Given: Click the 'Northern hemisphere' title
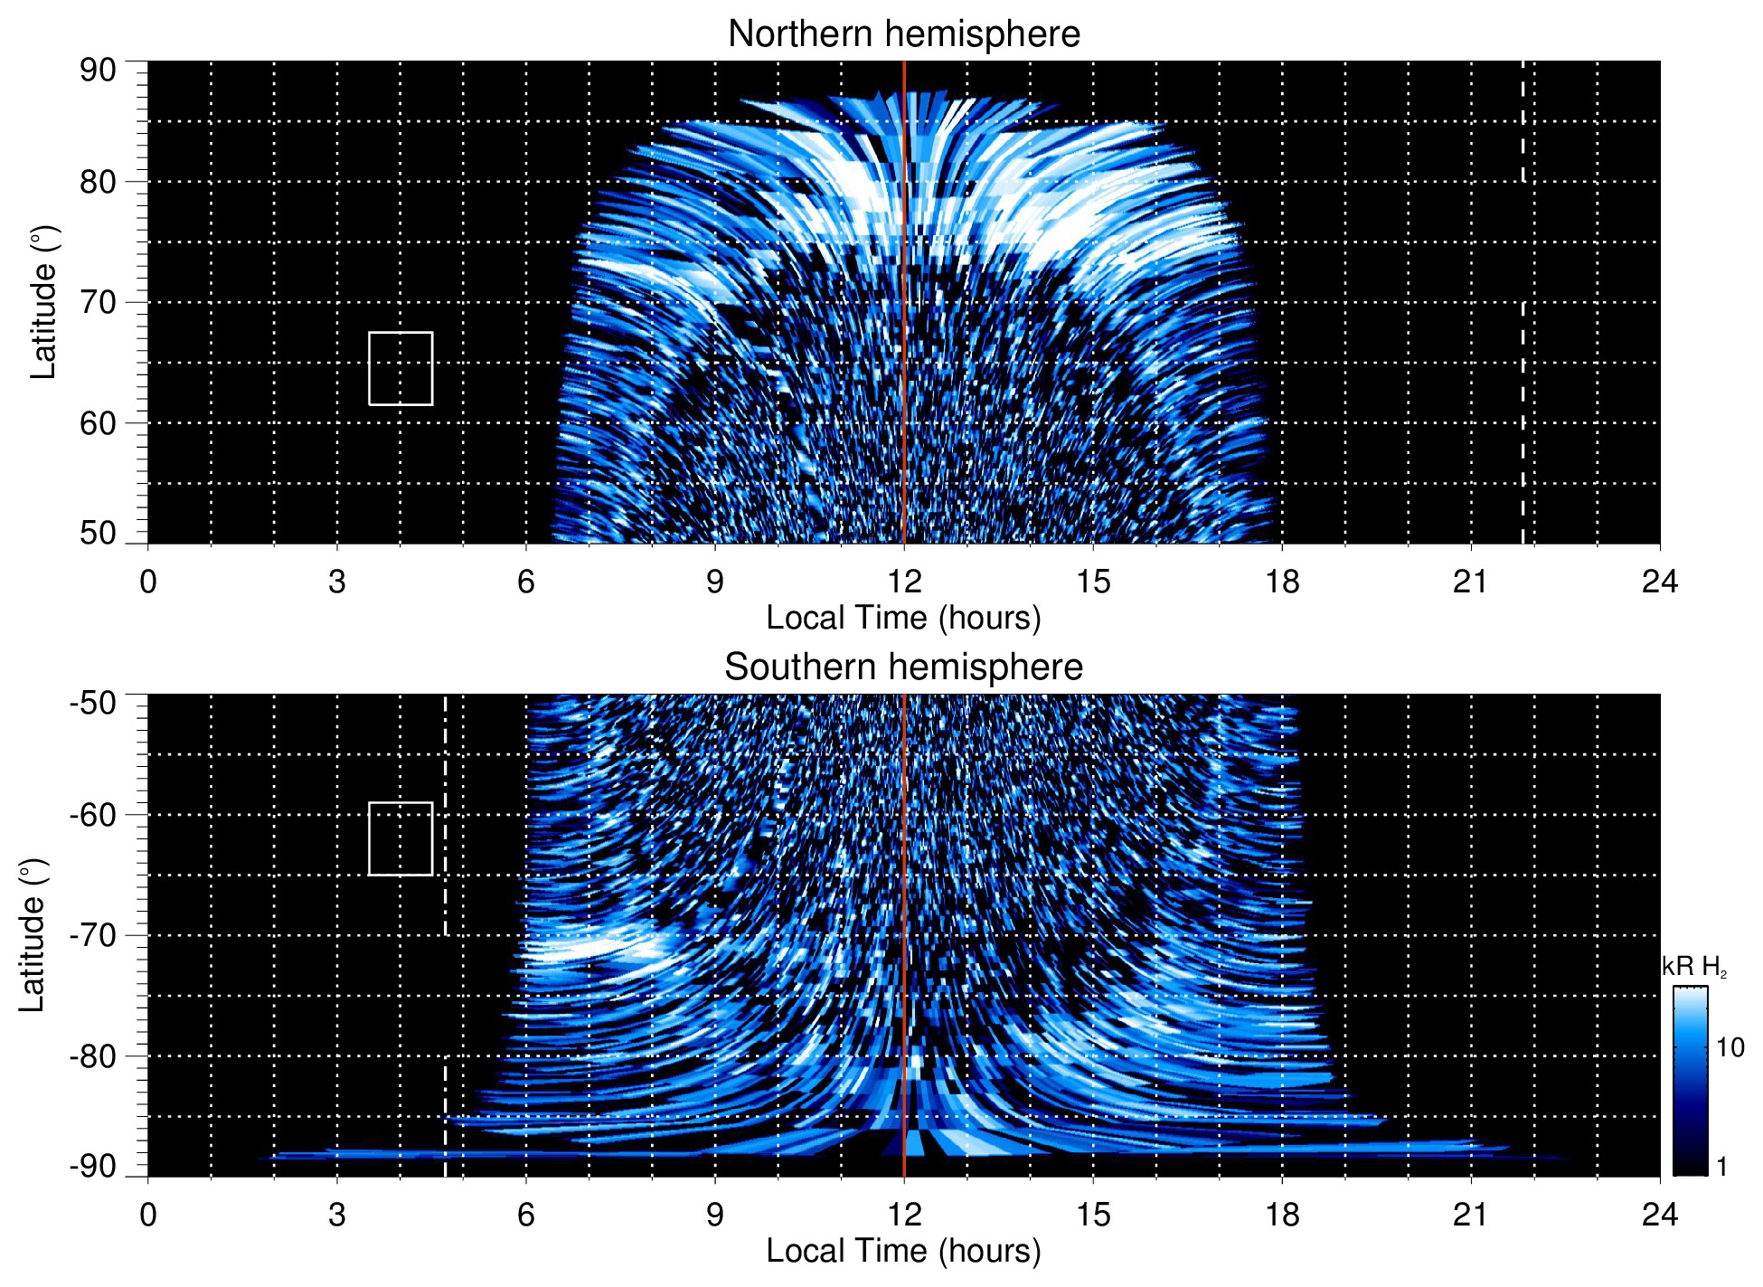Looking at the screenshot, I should coord(903,34).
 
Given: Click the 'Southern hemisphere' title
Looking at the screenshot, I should coord(903,667).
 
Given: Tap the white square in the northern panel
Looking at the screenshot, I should coord(401,368).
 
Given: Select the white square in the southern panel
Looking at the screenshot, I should coord(401,838).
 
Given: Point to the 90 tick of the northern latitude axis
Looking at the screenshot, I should coord(98,71).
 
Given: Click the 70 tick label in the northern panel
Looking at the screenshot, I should coord(98,302).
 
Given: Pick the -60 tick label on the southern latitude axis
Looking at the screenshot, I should coord(93,815).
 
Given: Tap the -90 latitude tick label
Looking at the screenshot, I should coord(93,1167).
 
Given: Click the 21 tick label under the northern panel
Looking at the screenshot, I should coord(1470,582).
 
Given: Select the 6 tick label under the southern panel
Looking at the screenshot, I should coord(525,1215).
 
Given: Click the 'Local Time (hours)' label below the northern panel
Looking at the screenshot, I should coord(903,618).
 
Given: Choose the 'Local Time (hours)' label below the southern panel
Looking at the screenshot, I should coord(903,1251).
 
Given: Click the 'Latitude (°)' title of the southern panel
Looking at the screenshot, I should coord(32,935).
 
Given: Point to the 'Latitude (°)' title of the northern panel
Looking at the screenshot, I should coord(42,302).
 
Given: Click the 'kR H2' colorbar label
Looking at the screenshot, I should coord(1693,967).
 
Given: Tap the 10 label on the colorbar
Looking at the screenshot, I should coord(1730,1048).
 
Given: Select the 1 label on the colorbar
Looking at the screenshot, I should coord(1721,1167).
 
